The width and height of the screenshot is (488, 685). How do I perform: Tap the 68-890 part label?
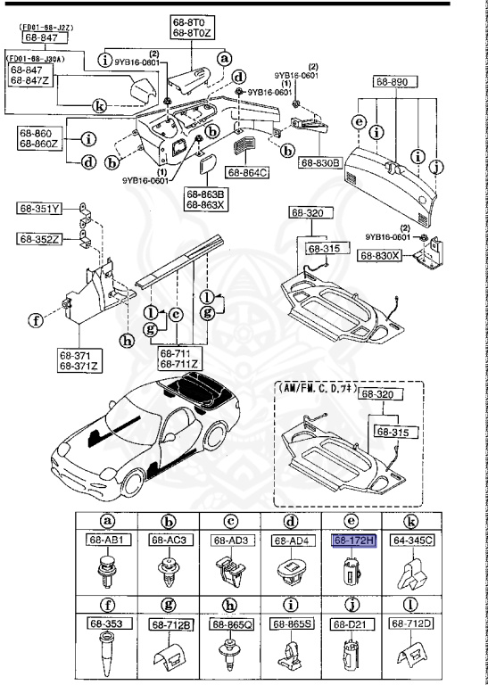tap(392, 80)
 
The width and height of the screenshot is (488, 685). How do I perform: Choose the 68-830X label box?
tap(379, 255)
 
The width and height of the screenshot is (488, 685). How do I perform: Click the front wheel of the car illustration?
tap(137, 483)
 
